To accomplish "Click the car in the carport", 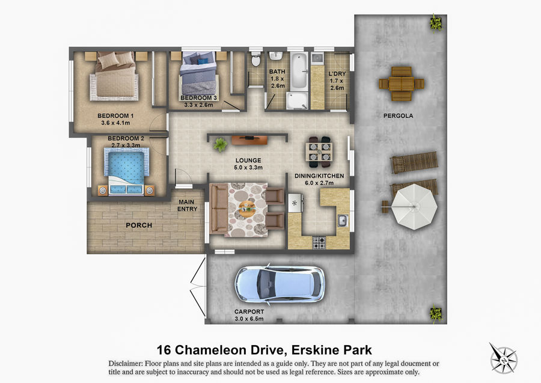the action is tap(280, 284).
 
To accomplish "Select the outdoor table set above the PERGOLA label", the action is tap(402, 84).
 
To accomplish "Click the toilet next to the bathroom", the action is tap(255, 60).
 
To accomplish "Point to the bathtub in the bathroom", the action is tap(298, 72).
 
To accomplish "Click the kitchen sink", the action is tap(342, 220).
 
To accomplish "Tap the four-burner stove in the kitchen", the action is tap(319, 242).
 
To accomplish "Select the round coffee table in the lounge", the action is tap(247, 209).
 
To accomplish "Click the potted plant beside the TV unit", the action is tap(220, 144).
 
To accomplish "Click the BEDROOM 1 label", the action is tap(115, 116).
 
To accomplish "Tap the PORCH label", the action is tap(139, 225).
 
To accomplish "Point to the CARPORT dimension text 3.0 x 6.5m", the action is tap(249, 319).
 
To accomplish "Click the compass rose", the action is tap(503, 358).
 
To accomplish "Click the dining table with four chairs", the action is tap(319, 152).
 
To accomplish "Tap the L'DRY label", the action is tap(337, 73).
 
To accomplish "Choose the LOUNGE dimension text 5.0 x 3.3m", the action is tap(248, 168).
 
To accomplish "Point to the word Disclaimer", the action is tap(125, 363).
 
